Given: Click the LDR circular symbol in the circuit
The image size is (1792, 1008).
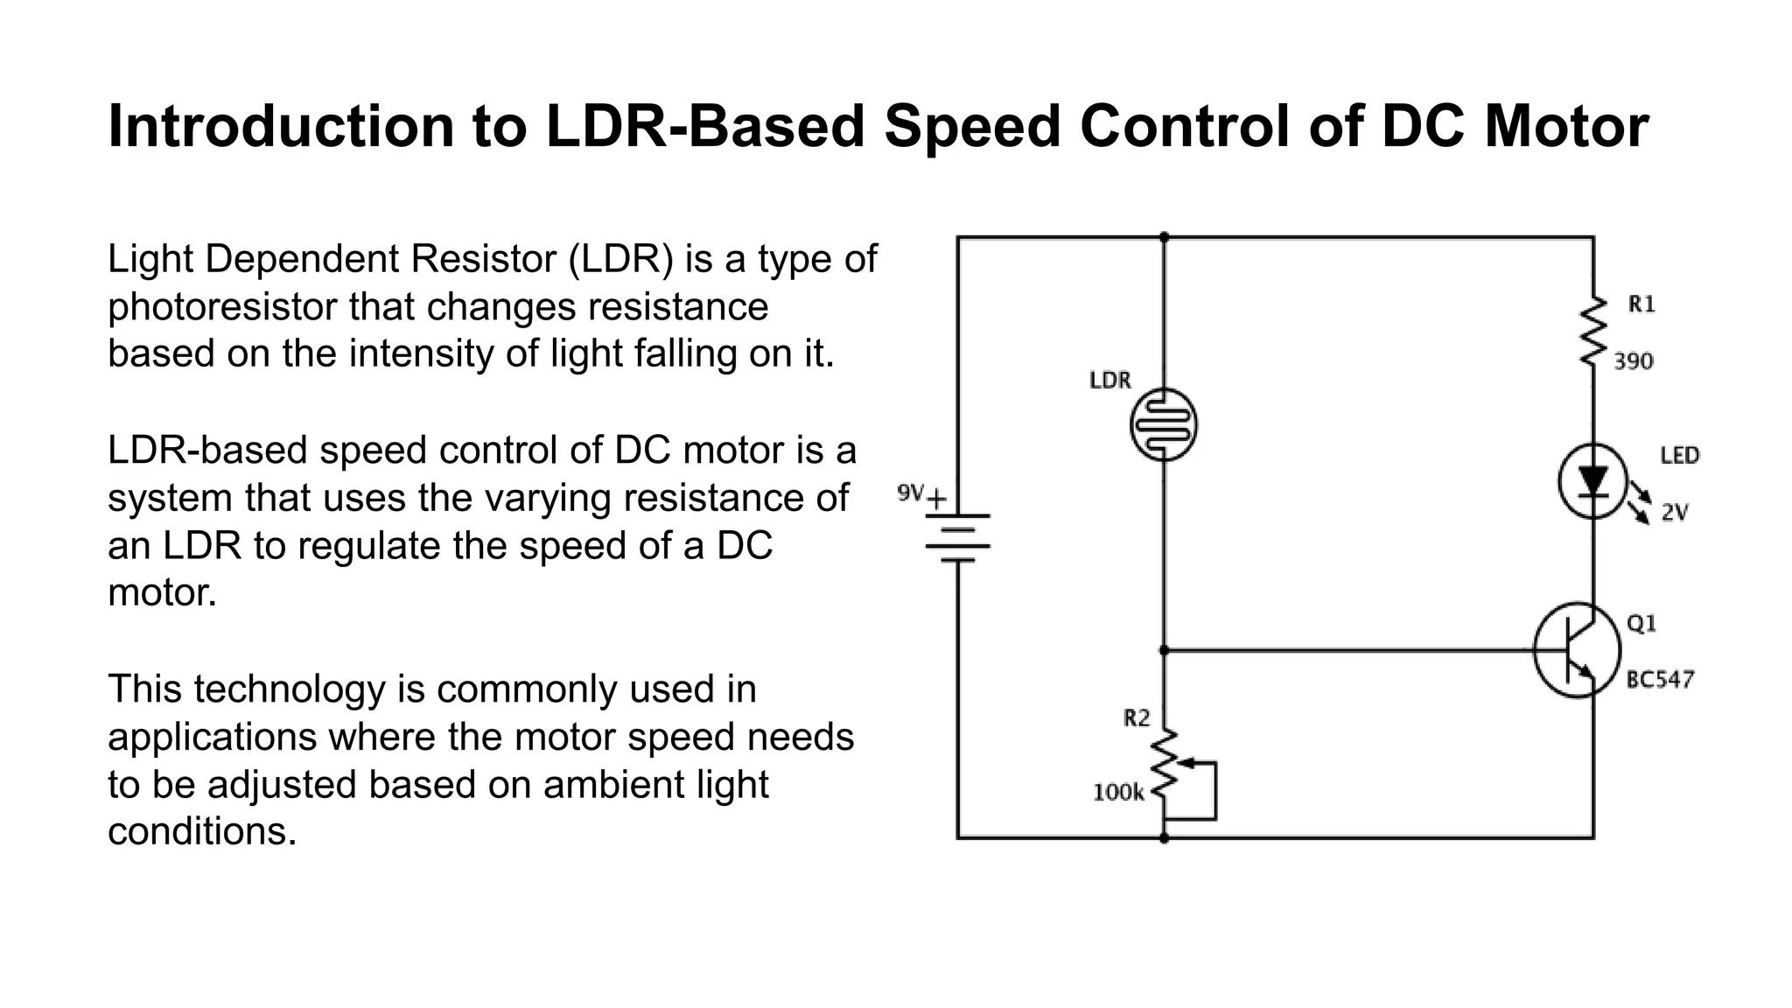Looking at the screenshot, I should (x=1163, y=425).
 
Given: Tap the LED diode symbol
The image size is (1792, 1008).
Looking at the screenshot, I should (x=1592, y=481).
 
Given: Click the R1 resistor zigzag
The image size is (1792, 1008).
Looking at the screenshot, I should (x=1593, y=332).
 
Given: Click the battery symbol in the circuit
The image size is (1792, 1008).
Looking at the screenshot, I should (x=958, y=535).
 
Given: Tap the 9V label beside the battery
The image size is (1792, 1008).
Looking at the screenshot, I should (x=910, y=493).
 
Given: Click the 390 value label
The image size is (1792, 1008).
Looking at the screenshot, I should (x=1633, y=361).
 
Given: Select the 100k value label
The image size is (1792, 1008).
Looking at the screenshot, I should (x=1118, y=793).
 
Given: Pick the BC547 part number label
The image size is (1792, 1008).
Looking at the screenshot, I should (x=1660, y=680).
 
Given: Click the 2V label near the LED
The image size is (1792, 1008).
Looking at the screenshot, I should (x=1674, y=514).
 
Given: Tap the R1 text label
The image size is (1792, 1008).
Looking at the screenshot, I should (x=1641, y=304).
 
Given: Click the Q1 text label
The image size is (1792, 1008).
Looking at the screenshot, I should (x=1641, y=624).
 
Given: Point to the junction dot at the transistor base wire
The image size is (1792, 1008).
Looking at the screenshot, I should (x=1164, y=650).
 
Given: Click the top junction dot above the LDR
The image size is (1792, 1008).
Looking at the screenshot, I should (x=1164, y=237).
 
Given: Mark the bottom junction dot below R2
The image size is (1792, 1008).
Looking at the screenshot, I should (x=1164, y=838).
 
